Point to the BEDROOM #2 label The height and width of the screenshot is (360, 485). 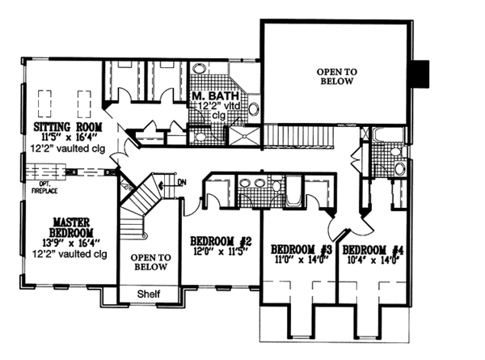(221, 240)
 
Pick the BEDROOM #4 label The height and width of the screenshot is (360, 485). (374, 248)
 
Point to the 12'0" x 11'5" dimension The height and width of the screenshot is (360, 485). (222, 252)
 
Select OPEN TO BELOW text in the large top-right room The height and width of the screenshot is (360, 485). (335, 76)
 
